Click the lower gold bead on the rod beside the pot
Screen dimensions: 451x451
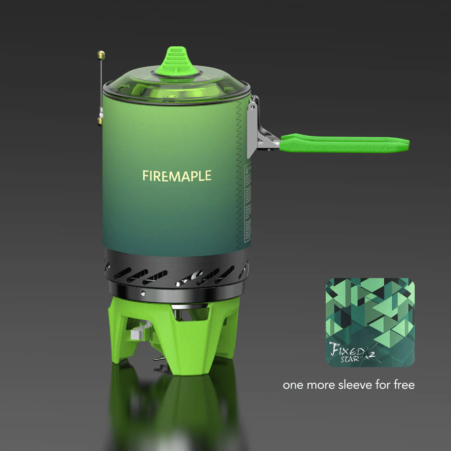[100, 121]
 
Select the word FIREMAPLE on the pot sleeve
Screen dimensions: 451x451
[177, 176]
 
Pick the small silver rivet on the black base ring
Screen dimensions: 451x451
[143, 293]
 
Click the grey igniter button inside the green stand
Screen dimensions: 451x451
[137, 334]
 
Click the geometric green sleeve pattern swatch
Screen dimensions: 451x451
[370, 309]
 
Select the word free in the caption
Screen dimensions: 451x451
[404, 385]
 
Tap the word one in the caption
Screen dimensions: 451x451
[293, 385]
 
